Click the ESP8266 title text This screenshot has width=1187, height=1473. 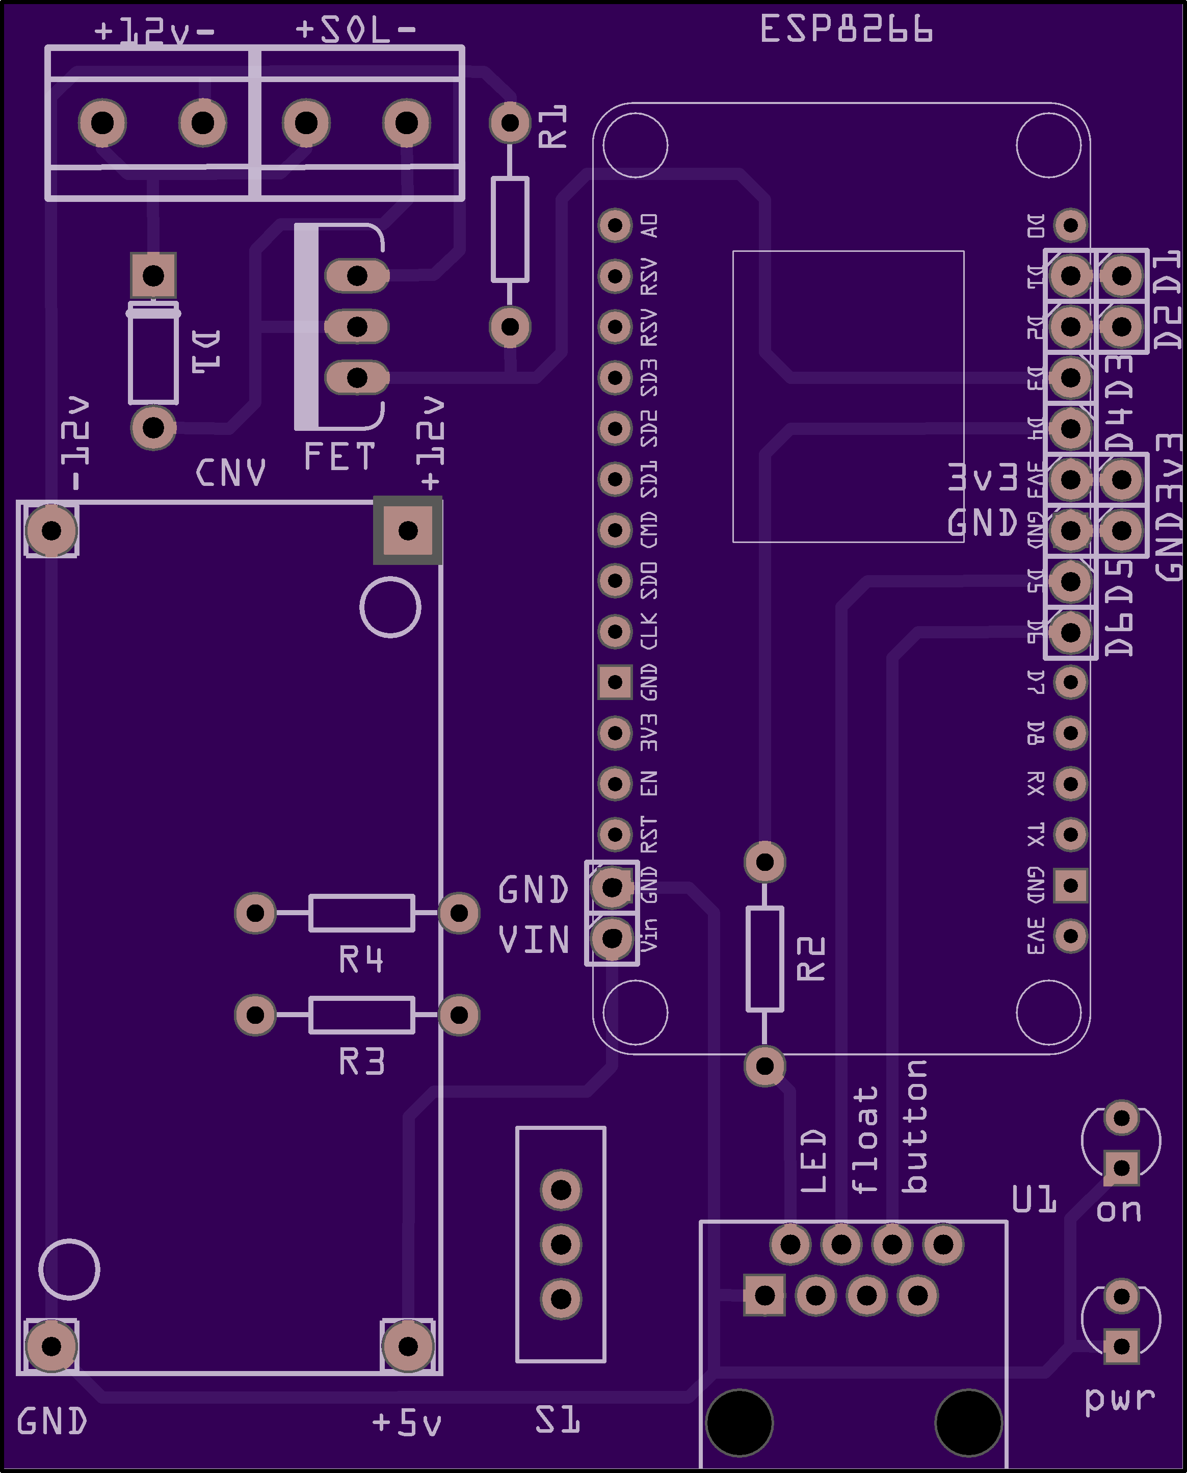click(x=846, y=30)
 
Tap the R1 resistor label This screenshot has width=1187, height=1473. click(x=552, y=126)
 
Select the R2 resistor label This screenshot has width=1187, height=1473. click(x=811, y=959)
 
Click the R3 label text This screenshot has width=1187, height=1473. click(x=362, y=1062)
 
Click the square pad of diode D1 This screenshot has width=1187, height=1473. click(x=153, y=276)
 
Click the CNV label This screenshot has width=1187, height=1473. click(x=230, y=473)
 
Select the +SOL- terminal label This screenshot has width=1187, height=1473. click(x=356, y=30)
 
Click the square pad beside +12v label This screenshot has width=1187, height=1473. click(x=408, y=530)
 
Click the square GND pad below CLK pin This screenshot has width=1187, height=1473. click(x=615, y=682)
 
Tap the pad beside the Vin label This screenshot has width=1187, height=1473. click(x=612, y=938)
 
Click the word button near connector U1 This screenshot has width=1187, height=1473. click(x=915, y=1126)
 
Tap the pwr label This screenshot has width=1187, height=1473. click(x=1119, y=1399)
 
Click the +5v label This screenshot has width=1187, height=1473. click(x=407, y=1423)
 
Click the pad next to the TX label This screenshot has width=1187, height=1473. click(x=1070, y=834)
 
